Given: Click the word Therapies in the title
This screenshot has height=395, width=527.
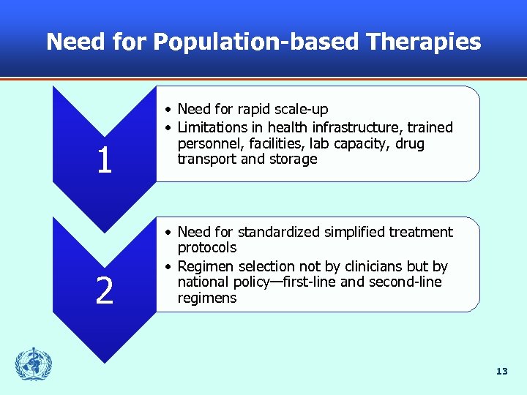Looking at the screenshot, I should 425,42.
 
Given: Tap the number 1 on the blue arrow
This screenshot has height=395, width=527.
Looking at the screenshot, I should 104,160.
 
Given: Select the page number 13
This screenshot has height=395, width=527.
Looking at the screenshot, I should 501,372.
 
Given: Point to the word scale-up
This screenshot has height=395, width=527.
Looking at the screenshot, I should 299,110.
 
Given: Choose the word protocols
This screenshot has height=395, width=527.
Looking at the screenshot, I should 207,248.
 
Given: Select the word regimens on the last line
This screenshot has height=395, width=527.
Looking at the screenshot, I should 207,298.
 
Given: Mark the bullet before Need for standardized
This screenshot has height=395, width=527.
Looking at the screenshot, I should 168,233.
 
